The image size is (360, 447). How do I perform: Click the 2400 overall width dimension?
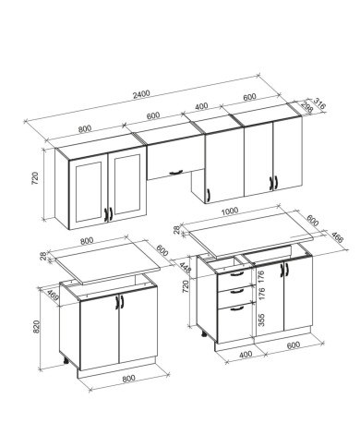(x=141, y=93)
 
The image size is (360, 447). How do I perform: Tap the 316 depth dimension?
(x=319, y=103)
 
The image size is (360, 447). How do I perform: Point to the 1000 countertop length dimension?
(x=230, y=211)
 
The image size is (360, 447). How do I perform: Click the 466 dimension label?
(x=337, y=236)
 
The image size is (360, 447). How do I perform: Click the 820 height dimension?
(x=36, y=327)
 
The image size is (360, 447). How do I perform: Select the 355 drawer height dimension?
(x=261, y=320)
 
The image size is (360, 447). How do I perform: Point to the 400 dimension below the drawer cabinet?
(x=246, y=355)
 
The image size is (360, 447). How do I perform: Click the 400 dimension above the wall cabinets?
(x=201, y=106)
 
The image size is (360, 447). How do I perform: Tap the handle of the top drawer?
(x=237, y=273)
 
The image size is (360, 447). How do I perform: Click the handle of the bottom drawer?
(x=237, y=308)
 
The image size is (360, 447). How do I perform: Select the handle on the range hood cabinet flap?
(x=175, y=172)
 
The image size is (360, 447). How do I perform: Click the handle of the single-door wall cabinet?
(x=209, y=195)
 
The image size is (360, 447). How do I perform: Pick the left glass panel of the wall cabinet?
(x=89, y=192)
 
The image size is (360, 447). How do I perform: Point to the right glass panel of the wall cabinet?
(x=126, y=184)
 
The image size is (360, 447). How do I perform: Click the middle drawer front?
(x=235, y=296)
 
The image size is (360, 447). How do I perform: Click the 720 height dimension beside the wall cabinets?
(x=35, y=178)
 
